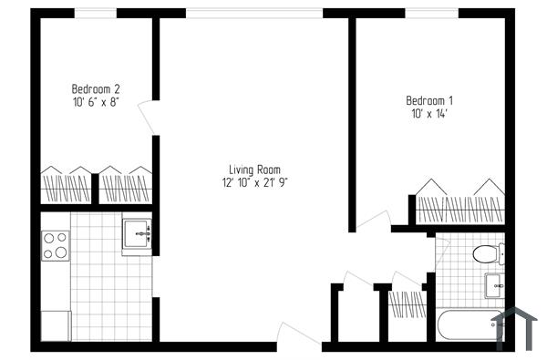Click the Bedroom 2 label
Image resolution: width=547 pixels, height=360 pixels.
(96, 89)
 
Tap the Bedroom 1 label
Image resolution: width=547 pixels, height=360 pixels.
(429, 100)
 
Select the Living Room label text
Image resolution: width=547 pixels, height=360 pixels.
(254, 170)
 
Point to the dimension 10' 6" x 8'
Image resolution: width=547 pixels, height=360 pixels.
(96, 102)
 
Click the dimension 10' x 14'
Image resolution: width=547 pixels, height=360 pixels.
(429, 113)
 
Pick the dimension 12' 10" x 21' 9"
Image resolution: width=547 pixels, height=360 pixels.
(254, 182)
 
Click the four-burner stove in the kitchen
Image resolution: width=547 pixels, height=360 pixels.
(55, 245)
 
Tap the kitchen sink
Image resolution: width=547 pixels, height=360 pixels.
(138, 235)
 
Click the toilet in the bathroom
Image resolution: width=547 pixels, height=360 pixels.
(486, 252)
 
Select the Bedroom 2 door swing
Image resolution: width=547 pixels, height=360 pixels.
(147, 118)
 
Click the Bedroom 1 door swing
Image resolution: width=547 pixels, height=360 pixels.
(373, 219)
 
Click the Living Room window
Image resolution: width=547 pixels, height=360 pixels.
(253, 13)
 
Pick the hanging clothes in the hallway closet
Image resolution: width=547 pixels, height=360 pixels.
(408, 302)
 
